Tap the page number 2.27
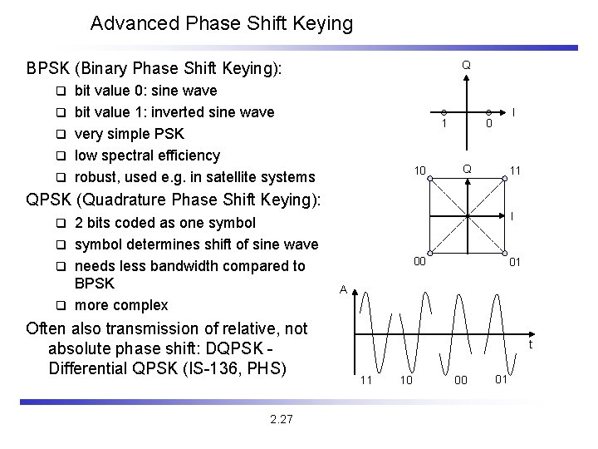click(282, 419)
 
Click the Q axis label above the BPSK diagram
click(466, 65)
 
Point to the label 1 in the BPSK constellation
click(444, 125)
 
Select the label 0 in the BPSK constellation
click(489, 125)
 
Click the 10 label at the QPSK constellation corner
click(421, 171)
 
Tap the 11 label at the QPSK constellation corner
click(515, 171)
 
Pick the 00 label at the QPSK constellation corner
click(421, 262)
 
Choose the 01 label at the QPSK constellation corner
click(515, 262)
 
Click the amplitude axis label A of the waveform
click(342, 290)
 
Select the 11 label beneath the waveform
click(365, 380)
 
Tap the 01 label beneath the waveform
click(501, 380)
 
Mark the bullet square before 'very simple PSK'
click(61, 134)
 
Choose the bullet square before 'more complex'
click(61, 305)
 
